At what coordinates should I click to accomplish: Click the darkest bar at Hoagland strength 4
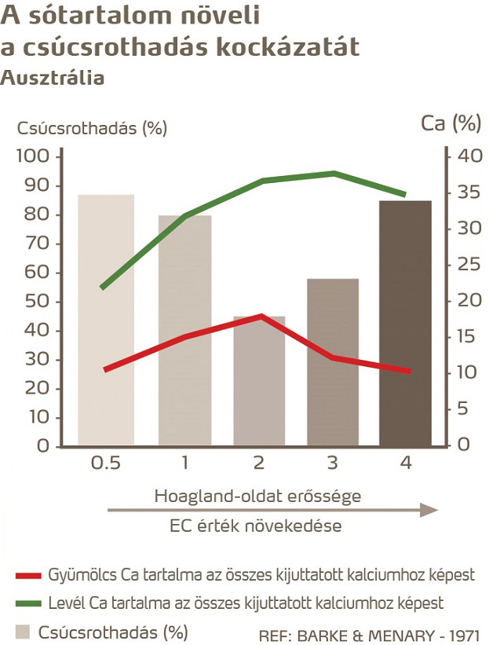(405, 322)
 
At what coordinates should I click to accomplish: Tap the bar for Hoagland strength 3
(332, 361)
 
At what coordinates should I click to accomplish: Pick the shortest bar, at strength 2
(259, 381)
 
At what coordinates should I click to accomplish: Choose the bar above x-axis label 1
(184, 330)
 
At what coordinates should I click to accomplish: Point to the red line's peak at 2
(260, 316)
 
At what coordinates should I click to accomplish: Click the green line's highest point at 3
(335, 173)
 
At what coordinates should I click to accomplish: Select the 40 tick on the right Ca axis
(469, 156)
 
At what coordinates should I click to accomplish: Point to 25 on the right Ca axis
(469, 265)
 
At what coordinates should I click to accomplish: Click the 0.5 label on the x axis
(105, 464)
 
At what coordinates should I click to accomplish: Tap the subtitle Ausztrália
(53, 78)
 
